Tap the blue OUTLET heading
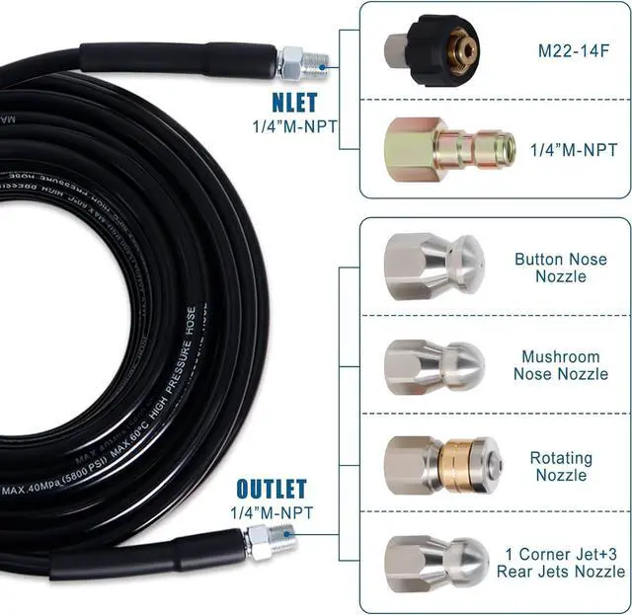pos(271,488)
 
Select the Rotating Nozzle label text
pos(561,466)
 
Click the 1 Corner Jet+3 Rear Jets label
pos(565,562)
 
